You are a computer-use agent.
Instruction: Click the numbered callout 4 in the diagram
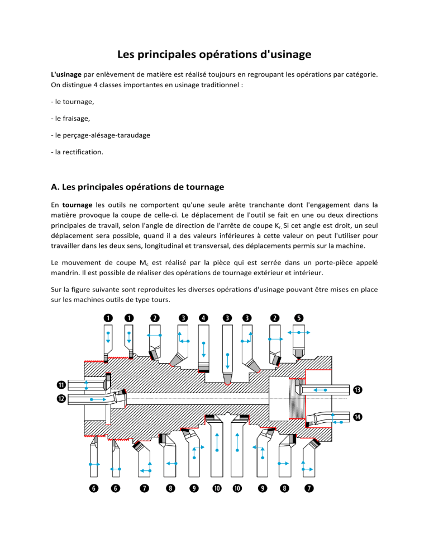(203, 318)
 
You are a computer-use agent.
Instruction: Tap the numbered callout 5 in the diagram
(299, 318)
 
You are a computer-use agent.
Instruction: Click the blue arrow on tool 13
(319, 389)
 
